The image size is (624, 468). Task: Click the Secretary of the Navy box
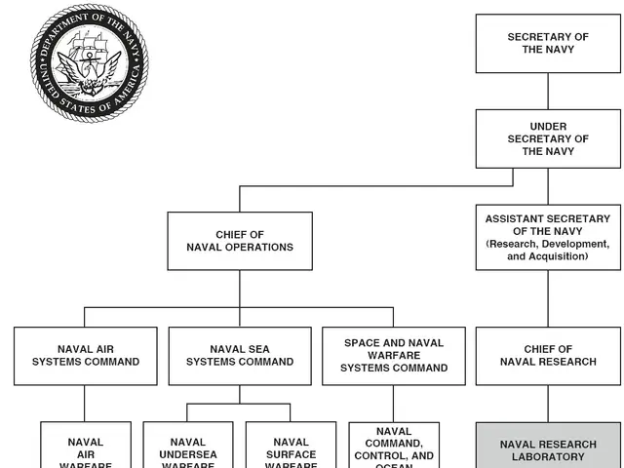pos(547,44)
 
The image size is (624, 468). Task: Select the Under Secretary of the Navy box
pos(547,138)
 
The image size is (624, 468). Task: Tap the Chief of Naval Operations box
pos(240,241)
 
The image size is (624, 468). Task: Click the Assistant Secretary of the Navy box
pos(547,237)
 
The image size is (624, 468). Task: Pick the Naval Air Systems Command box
pos(86,355)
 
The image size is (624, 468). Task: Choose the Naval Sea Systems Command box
pos(240,355)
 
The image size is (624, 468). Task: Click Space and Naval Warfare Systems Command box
pos(394,355)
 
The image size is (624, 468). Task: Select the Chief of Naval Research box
pos(547,355)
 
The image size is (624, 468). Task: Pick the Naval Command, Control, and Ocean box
pos(394,447)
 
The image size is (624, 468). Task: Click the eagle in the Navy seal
pos(89,72)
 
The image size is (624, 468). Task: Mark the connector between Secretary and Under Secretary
pos(547,91)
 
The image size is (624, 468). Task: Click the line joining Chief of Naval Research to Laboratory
pos(547,403)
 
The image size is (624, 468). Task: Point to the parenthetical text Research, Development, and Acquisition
pos(547,250)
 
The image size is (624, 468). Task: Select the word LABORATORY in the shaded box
pos(547,456)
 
